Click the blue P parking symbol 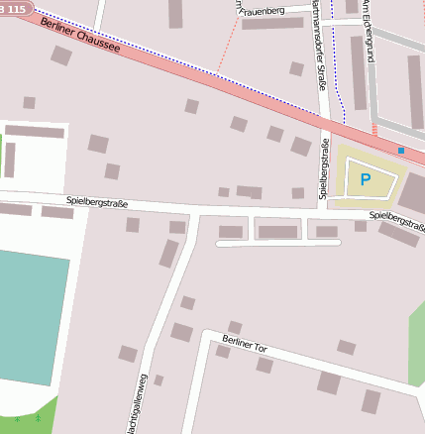(x=365, y=179)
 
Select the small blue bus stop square (x=401, y=151)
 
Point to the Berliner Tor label (x=244, y=345)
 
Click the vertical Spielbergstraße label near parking (x=323, y=168)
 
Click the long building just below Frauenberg (x=271, y=23)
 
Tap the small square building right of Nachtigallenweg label (x=159, y=380)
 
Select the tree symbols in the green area (x=28, y=420)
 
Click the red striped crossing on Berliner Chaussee (x=373, y=130)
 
